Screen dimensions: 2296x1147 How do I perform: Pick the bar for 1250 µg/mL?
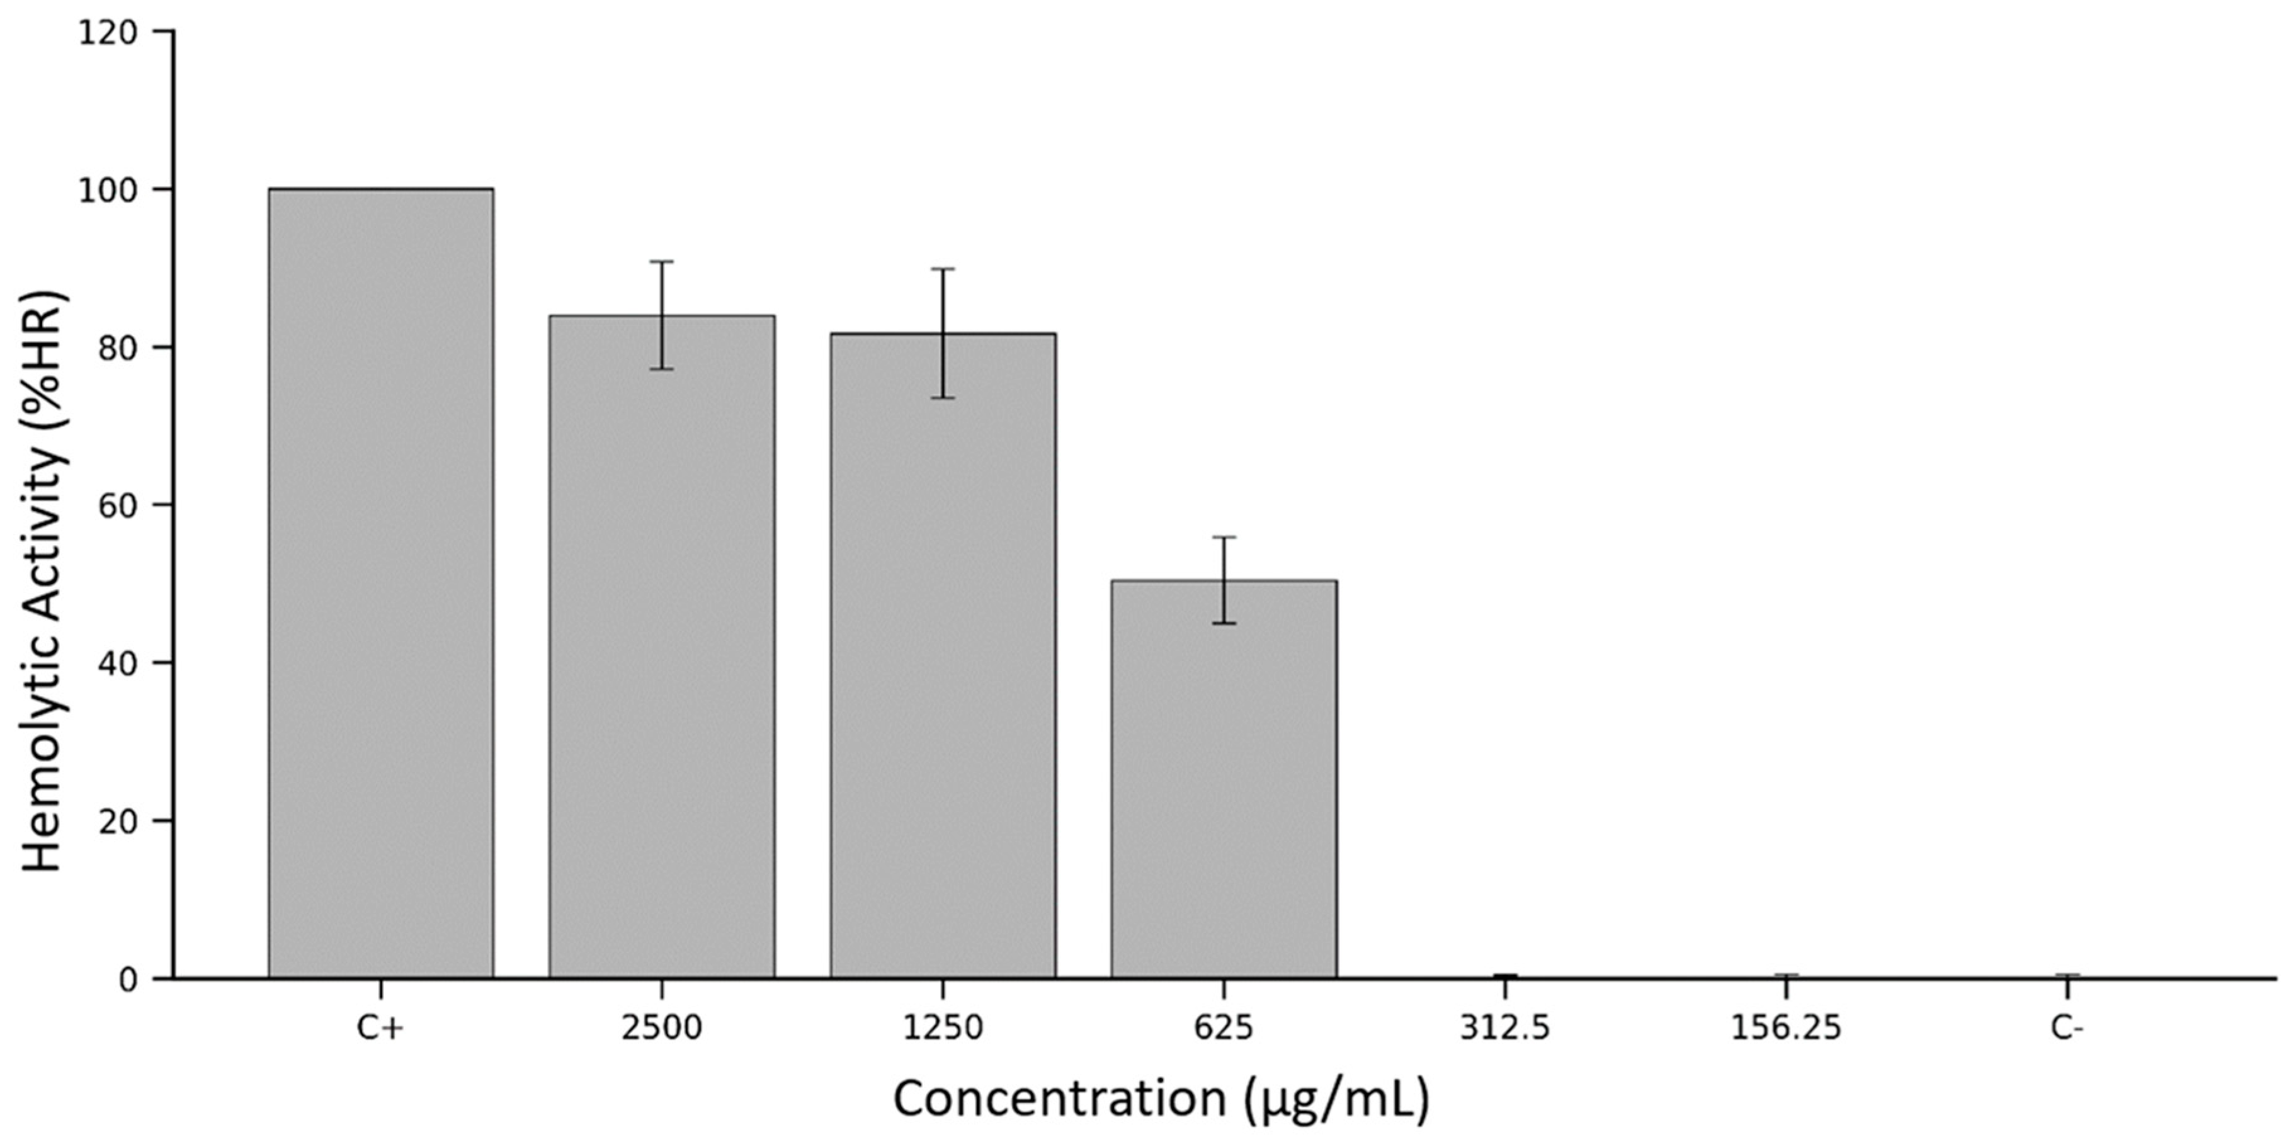point(943,655)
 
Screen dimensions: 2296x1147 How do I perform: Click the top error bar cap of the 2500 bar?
point(661,261)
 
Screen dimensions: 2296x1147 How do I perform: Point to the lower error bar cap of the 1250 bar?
point(943,397)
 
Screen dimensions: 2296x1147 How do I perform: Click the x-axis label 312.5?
point(1504,1029)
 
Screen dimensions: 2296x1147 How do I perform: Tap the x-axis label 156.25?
point(1786,1029)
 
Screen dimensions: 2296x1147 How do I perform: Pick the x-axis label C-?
point(2067,1029)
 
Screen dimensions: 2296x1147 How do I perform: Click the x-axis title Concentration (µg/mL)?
point(1161,1100)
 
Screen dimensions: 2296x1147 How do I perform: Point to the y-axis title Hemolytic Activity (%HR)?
point(43,582)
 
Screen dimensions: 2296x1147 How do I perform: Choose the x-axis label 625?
point(1224,1029)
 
